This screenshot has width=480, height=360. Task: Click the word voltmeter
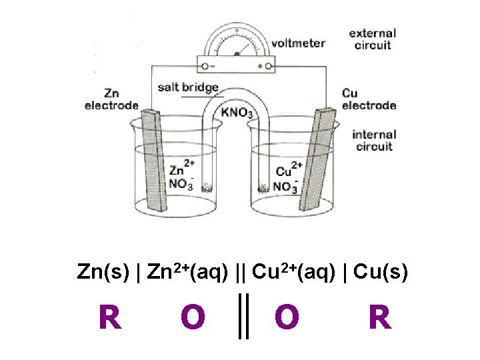297,43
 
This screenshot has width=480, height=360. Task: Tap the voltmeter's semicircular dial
237,41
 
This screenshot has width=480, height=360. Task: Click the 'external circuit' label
372,39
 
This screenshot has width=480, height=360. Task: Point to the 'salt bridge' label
188,87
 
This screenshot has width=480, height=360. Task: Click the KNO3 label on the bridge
237,112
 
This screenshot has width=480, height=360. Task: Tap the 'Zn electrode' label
111,99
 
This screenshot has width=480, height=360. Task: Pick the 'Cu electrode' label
369,99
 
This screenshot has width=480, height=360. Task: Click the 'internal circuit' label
374,140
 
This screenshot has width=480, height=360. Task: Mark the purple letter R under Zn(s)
110,317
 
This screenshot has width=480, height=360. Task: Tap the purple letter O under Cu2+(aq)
287,317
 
